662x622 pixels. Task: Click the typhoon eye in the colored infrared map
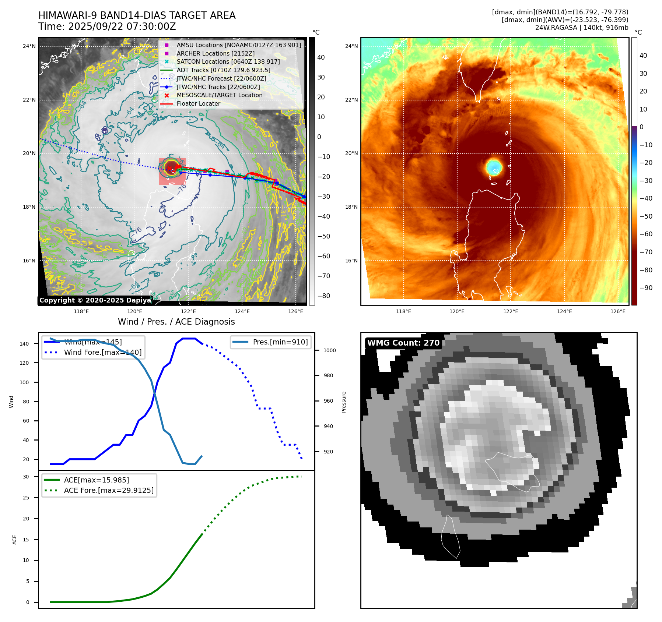(494, 167)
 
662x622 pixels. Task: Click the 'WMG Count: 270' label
(403, 343)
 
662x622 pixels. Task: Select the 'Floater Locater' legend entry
(198, 104)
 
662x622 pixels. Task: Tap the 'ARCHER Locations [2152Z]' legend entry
(216, 53)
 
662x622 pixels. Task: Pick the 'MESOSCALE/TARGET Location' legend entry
(220, 95)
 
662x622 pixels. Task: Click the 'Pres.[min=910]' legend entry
(280, 342)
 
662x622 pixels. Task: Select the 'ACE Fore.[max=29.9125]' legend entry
(109, 490)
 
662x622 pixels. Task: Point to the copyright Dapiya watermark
(95, 300)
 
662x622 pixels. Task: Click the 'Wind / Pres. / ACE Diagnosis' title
(176, 322)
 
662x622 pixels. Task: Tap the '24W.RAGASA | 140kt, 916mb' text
(582, 28)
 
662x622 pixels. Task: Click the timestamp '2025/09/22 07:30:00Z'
(122, 27)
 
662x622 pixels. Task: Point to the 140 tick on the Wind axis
(24, 344)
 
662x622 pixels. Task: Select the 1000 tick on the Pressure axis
(329, 350)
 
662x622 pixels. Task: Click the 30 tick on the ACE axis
(26, 477)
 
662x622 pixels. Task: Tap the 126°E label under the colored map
(618, 311)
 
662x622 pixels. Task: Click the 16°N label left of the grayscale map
(29, 261)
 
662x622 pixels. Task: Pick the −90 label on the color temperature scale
(646, 288)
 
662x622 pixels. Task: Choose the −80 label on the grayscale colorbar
(324, 296)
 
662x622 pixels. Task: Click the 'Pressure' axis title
(344, 402)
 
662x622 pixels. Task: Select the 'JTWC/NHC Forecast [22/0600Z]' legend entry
(221, 78)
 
